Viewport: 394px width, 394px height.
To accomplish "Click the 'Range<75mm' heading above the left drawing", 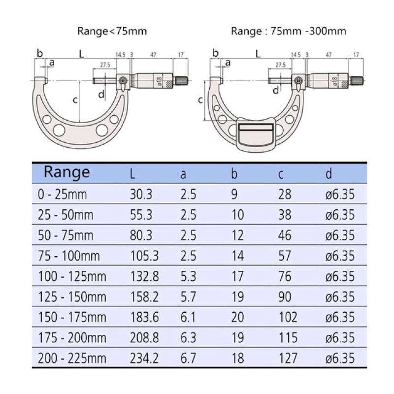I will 112,32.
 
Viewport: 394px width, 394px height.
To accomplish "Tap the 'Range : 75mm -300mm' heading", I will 288,32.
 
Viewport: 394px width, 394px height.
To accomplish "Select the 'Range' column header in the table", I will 67,172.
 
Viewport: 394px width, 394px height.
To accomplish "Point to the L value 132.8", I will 144,276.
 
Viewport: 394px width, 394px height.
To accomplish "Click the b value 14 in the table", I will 237,256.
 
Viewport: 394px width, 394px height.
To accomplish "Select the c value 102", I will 287,317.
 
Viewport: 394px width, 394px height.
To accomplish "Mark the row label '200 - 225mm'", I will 72,358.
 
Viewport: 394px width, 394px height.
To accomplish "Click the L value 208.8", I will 144,338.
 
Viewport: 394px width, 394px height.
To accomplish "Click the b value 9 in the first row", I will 234,194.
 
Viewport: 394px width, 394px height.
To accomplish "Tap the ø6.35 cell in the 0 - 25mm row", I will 340,194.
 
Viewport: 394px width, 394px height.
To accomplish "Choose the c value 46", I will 285,235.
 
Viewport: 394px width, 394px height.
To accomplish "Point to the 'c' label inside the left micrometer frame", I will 75,100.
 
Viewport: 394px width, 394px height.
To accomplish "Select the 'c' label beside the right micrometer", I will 200,100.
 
